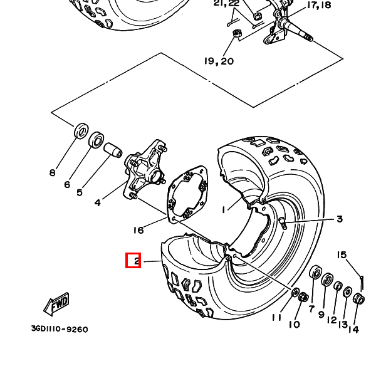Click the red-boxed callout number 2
click(x=137, y=261)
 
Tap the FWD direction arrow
click(x=56, y=304)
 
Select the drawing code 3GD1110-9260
click(x=60, y=329)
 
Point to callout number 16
click(x=138, y=230)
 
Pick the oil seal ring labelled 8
click(x=81, y=131)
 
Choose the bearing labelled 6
click(x=97, y=140)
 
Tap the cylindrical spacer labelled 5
click(x=113, y=150)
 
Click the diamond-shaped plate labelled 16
click(x=187, y=194)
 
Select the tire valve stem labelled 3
click(x=282, y=222)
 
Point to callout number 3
click(x=340, y=219)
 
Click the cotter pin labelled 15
click(x=362, y=283)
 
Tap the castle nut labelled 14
click(x=358, y=298)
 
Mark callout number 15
click(x=342, y=254)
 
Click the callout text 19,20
click(x=219, y=61)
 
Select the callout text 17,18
click(x=319, y=5)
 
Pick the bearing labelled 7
click(x=316, y=273)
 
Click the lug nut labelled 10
click(x=304, y=297)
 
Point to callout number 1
click(x=224, y=210)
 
